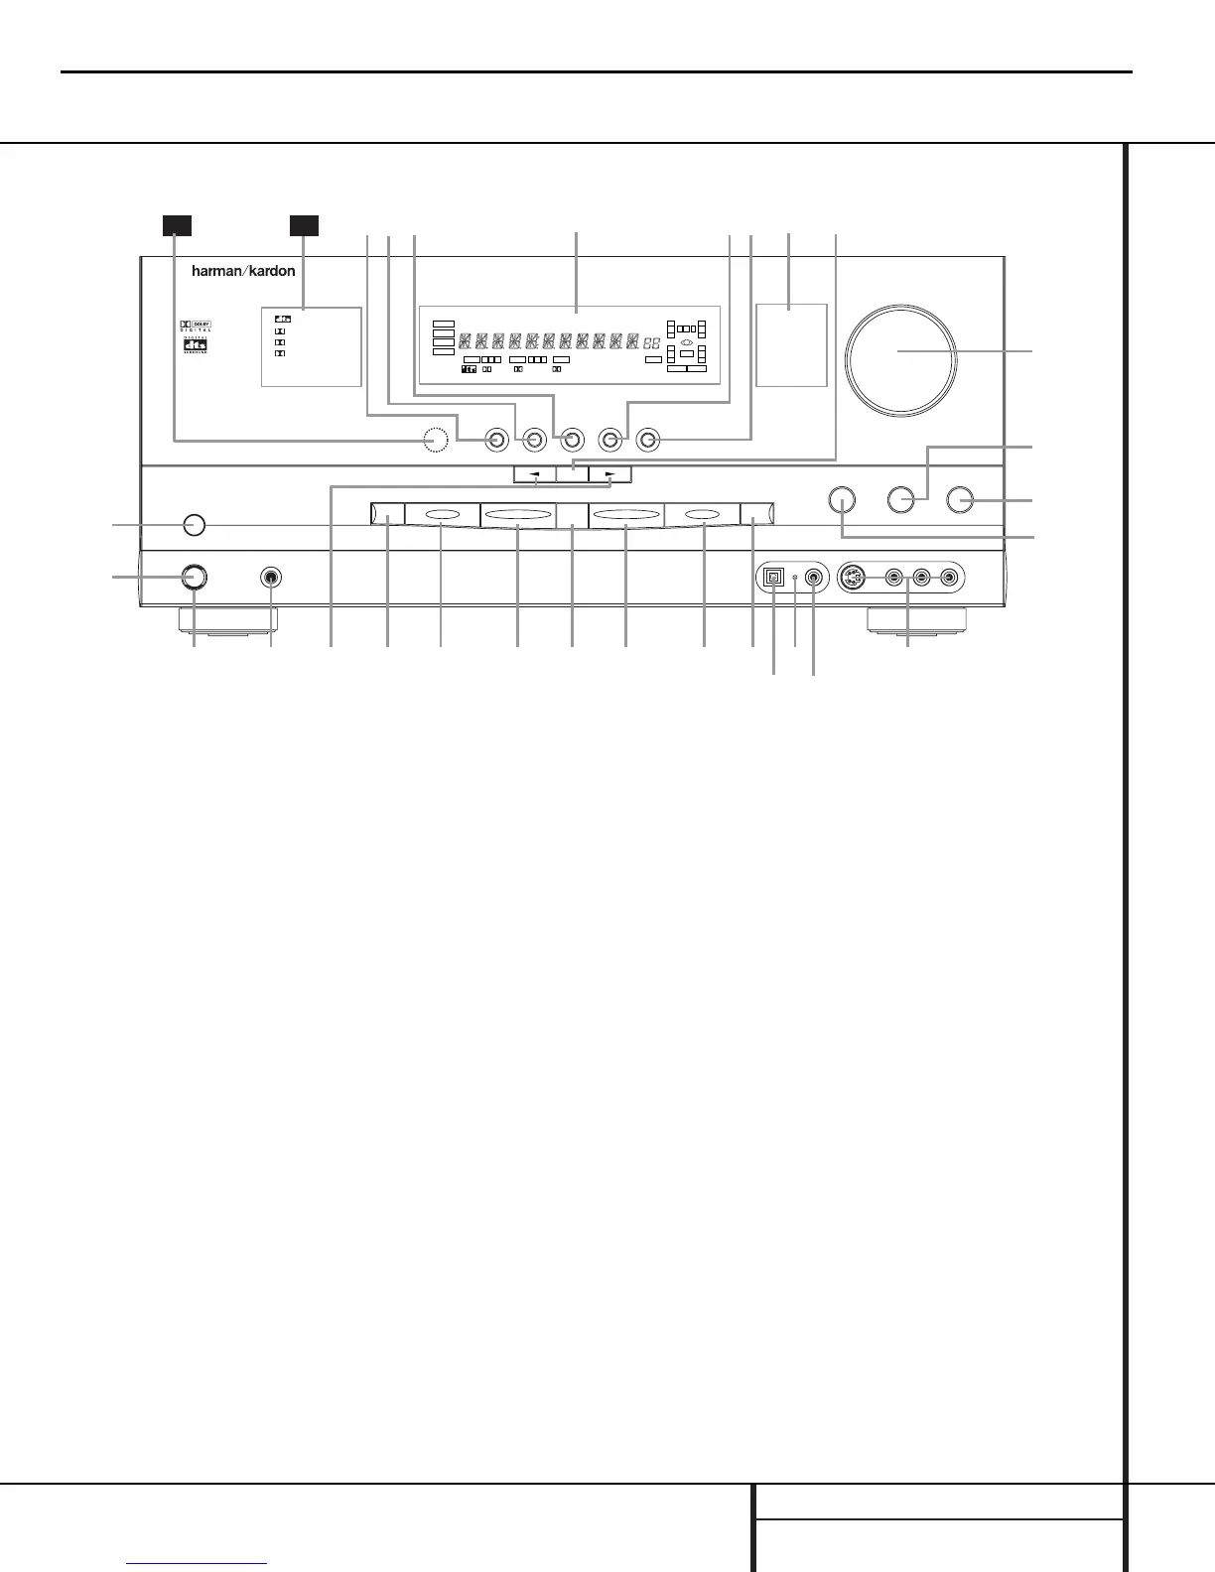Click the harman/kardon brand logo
coord(243,271)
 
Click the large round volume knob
coord(901,358)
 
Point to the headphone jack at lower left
coord(270,578)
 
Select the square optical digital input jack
coord(773,578)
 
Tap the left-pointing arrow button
coord(536,474)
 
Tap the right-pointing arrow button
coord(609,474)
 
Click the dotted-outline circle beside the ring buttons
coord(434,440)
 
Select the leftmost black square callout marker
coord(177,225)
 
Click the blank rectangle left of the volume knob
coord(791,344)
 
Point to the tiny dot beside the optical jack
coord(795,578)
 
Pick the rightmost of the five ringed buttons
coord(648,440)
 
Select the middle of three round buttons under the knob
coord(901,499)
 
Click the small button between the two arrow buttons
coord(573,474)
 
